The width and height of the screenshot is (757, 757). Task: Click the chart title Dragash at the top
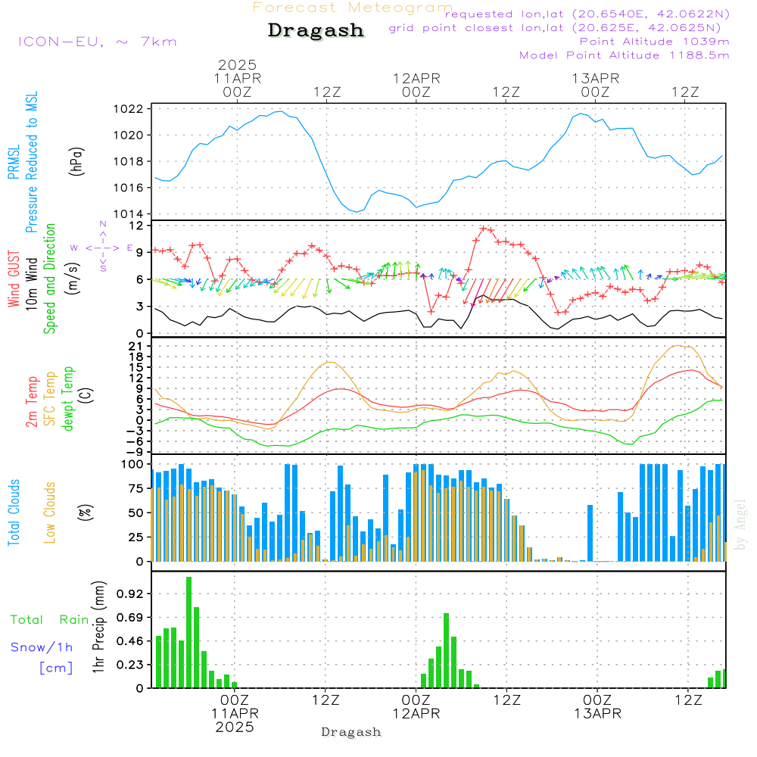(x=316, y=31)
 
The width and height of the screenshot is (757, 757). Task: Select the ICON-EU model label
(x=97, y=42)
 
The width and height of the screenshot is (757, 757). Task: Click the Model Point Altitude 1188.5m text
(x=625, y=55)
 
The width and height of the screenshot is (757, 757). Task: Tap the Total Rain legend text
(x=50, y=620)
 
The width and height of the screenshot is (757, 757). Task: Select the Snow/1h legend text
(x=42, y=647)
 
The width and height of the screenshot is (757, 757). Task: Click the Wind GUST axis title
(x=14, y=280)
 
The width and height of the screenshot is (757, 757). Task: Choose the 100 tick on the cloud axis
(x=132, y=464)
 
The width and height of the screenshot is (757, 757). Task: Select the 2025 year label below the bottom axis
(x=235, y=727)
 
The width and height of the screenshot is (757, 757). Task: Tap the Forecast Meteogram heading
(x=353, y=8)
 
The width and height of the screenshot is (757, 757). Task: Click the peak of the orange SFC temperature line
(x=684, y=345)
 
